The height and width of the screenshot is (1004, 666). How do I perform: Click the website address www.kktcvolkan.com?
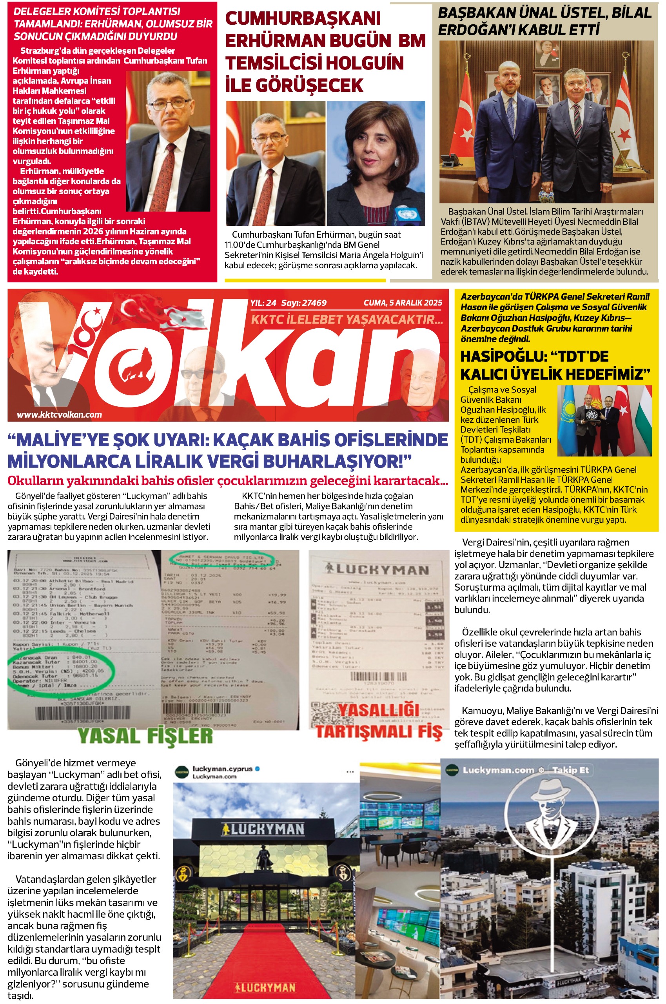(x=59, y=415)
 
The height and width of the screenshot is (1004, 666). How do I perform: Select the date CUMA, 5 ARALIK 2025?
(x=403, y=303)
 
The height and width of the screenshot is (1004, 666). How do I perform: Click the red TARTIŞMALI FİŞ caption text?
(x=379, y=732)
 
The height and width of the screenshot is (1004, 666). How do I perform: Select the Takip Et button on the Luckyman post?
(x=570, y=770)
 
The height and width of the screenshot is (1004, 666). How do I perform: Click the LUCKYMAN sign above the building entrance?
(x=263, y=829)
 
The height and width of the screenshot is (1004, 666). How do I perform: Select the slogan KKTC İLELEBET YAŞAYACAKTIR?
(x=347, y=319)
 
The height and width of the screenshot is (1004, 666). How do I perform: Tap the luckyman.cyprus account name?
(x=223, y=769)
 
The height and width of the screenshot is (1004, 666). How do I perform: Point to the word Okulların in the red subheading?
(x=34, y=480)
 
